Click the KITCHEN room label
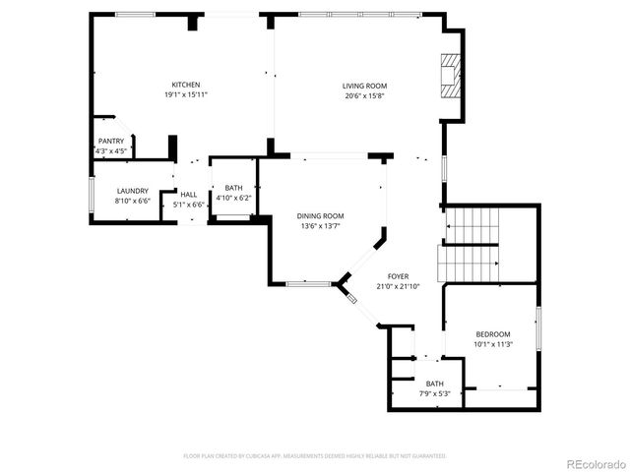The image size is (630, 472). coord(186,85)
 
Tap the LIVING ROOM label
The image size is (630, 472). coord(364,86)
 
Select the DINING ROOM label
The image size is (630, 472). coord(321,216)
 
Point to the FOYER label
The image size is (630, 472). coord(397,277)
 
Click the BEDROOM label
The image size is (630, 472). coord(492,334)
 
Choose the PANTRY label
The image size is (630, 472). coord(110,141)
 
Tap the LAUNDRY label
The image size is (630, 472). coord(132,191)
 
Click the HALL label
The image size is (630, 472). coord(188,195)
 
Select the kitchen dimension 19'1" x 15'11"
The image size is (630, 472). coord(186,95)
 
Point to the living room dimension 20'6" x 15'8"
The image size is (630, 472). coord(364,96)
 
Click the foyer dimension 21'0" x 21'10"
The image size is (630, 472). coord(397,287)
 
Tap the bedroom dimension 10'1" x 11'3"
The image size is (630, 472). coord(492,345)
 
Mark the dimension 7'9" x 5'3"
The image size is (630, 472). coord(434,394)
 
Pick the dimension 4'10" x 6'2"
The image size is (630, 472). coord(233,198)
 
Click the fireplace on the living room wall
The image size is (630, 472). coord(452,77)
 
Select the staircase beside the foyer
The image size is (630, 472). coord(471,245)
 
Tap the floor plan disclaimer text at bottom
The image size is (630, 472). coord(315,456)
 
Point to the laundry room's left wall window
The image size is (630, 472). coord(92,194)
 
